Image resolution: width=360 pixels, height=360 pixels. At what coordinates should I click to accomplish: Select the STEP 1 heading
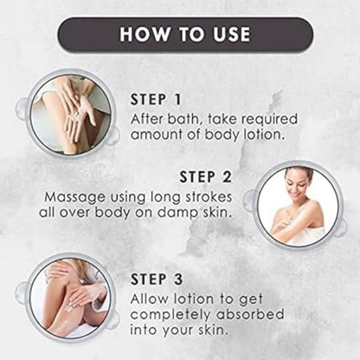click(156, 100)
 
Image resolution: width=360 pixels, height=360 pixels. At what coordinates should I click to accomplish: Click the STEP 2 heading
click(206, 177)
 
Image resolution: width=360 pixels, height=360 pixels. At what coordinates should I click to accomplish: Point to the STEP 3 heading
click(157, 280)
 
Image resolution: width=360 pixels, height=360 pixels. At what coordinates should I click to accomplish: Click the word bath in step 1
click(183, 119)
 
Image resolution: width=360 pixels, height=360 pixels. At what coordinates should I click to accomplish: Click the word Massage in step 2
click(75, 198)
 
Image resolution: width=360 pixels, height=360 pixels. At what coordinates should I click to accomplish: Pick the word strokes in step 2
click(209, 196)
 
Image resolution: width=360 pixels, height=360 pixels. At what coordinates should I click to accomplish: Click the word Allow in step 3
click(149, 299)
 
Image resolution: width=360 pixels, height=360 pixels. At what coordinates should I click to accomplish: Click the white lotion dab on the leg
click(68, 309)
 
